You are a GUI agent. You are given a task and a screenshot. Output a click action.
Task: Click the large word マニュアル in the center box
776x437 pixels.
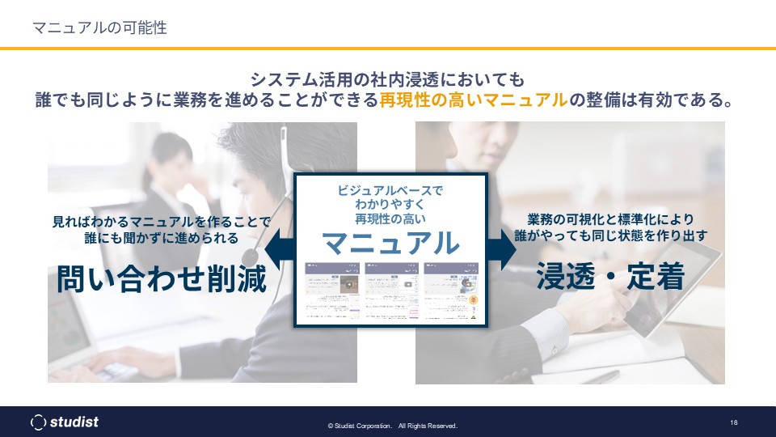[x=390, y=242]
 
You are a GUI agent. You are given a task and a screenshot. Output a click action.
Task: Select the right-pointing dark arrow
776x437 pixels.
[x=505, y=248]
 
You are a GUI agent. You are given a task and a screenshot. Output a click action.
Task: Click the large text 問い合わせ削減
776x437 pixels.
[x=161, y=279]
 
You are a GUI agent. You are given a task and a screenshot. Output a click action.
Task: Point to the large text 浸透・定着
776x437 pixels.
[x=610, y=277]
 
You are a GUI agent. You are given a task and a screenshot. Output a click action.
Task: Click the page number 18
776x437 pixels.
[x=733, y=422]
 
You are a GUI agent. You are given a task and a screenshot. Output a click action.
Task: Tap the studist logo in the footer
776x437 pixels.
[x=65, y=422]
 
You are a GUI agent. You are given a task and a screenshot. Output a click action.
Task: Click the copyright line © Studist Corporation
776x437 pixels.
[x=392, y=426]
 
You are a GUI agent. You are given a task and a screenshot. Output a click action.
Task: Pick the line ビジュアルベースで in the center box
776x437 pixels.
[x=390, y=190]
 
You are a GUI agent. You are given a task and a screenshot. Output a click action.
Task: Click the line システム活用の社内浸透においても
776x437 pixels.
[x=388, y=79]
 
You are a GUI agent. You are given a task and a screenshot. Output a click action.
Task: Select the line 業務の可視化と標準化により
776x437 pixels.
[x=610, y=219]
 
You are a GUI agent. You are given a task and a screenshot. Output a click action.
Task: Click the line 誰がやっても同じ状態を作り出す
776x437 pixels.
[x=610, y=236]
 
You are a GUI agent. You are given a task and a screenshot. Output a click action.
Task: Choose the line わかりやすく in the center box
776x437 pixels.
[x=390, y=204]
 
